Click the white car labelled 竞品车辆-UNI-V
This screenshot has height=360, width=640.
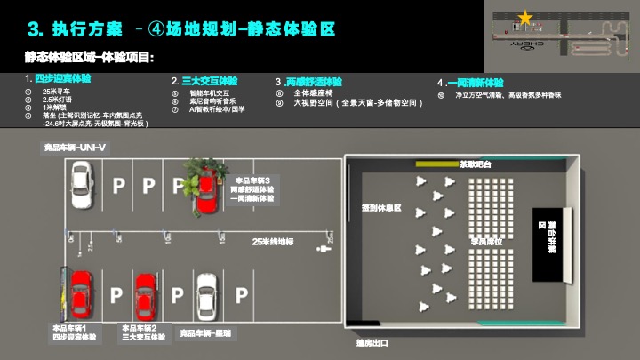point(81,186)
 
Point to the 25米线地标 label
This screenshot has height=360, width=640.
point(272,241)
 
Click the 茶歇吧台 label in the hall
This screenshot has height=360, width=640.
point(475,164)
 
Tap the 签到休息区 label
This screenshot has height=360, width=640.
point(381,208)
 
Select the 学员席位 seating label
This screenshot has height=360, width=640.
point(486,241)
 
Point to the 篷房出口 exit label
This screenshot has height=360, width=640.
point(372,342)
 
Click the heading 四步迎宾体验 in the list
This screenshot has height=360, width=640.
point(62,79)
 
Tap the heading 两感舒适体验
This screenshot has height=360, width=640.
point(313,80)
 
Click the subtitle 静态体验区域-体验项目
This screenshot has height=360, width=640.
point(90,57)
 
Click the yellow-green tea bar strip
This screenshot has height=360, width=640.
point(436,164)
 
